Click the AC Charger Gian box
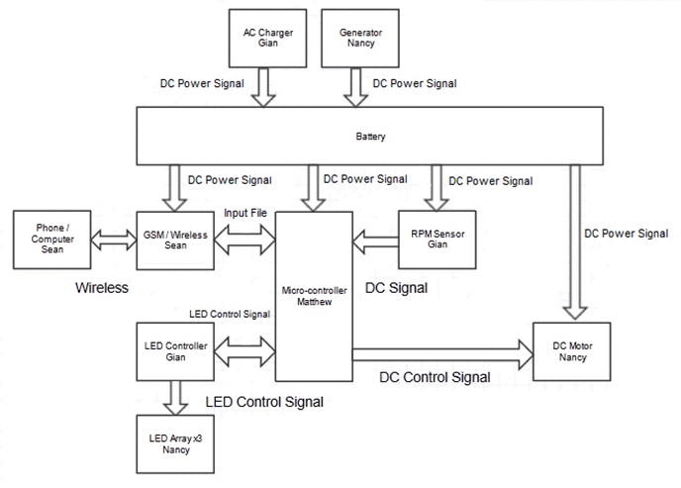point(262,37)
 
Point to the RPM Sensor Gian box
point(432,239)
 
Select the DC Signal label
point(396,289)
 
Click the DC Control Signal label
point(435,377)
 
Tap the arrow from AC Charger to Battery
point(263,87)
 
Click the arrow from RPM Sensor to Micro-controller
point(374,239)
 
